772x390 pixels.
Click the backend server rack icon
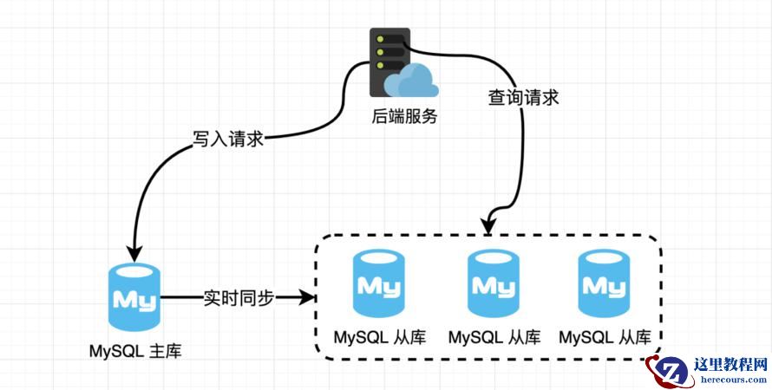tap(389, 61)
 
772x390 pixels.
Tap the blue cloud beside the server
tap(412, 83)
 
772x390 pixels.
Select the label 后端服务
tap(400, 114)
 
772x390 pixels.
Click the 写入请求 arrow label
tap(228, 138)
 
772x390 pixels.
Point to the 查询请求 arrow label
tap(522, 96)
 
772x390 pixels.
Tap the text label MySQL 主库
tap(136, 351)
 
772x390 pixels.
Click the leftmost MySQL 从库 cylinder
tap(378, 283)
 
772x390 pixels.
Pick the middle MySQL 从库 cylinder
tap(493, 283)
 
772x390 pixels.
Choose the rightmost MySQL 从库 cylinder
tap(605, 283)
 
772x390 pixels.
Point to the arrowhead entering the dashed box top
tap(488, 226)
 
